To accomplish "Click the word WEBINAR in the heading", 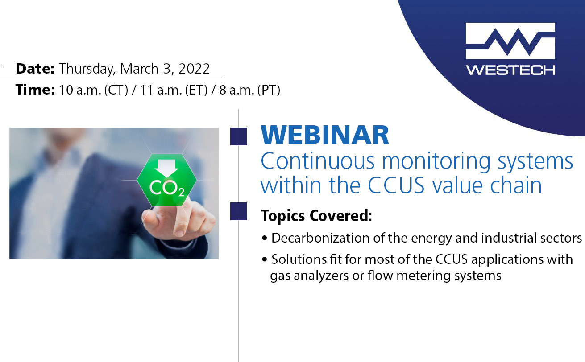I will click(325, 136).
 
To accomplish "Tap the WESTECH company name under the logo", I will click(510, 70).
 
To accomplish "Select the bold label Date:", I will click(35, 69).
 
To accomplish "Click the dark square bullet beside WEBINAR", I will click(239, 136).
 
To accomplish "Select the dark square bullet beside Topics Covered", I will click(239, 211).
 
